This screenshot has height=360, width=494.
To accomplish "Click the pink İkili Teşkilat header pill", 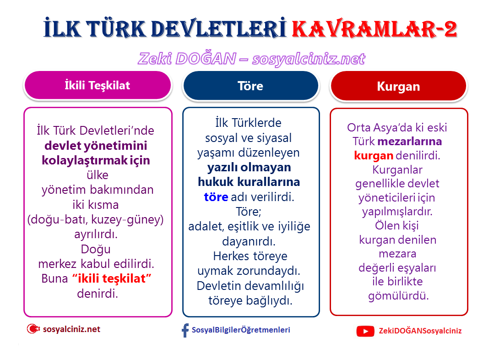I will coord(98,85).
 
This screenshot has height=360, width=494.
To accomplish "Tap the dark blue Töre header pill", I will coord(250,86).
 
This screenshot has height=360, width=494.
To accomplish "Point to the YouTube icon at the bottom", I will coord(365,331).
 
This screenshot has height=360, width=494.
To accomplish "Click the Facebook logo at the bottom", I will coord(185,330).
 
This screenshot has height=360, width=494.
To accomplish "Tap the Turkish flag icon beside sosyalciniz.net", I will coord(33,329).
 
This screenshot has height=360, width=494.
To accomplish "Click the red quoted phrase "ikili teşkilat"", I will coord(112,278).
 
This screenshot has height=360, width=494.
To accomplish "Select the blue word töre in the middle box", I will coord(216,197).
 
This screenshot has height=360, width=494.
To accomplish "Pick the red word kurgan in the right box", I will coord(374,155).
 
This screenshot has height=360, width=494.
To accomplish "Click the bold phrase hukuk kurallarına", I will coord(249,182).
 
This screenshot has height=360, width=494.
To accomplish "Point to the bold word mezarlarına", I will coord(409,141).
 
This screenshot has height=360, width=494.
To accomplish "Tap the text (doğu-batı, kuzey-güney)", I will coord(95,219).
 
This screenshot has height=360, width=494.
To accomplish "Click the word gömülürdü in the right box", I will coord(398,295).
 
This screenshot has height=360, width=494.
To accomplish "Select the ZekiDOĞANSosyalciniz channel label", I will coord(420,331).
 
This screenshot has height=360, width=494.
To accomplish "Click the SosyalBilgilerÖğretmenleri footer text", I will coord(241,330).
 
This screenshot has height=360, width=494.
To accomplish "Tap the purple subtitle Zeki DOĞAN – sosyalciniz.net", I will coord(252,59).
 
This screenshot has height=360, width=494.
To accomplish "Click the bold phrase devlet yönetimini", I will coord(96,145).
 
